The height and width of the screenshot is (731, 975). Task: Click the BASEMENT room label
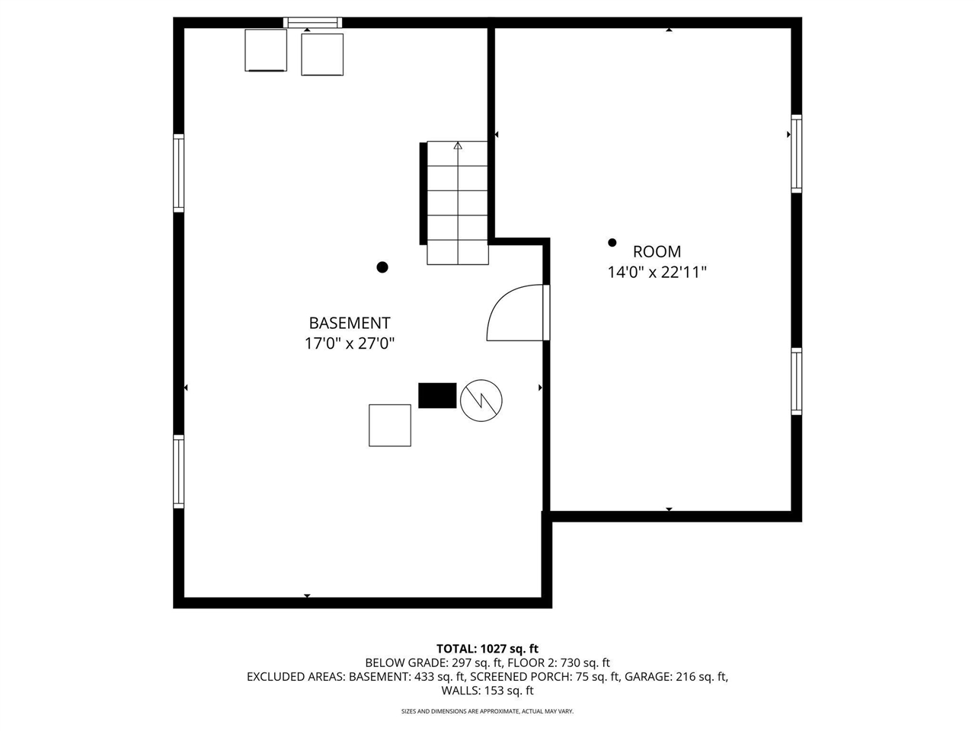(350, 323)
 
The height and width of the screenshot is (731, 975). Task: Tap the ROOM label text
(657, 251)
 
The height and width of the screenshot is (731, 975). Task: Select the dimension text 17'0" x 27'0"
(350, 343)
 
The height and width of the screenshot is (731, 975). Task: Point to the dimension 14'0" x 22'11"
(657, 272)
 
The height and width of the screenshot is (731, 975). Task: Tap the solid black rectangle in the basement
(437, 395)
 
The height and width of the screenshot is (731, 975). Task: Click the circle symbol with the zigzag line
(481, 401)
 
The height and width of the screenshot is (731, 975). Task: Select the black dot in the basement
(382, 267)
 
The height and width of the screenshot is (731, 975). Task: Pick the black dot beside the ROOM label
(612, 242)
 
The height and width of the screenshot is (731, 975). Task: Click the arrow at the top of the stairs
(458, 145)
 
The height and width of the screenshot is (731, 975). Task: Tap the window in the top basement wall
(313, 23)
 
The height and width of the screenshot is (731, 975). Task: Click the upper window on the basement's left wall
(178, 173)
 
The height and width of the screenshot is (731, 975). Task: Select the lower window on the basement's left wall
(178, 472)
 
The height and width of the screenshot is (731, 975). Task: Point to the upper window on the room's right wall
(797, 154)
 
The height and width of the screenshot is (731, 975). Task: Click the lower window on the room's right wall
(797, 381)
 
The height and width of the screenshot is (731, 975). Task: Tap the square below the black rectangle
(390, 425)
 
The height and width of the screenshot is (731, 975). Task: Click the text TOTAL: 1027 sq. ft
(487, 649)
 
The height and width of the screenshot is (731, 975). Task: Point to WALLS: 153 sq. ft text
(487, 691)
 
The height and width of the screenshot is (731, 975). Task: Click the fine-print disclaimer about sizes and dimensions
(487, 711)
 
